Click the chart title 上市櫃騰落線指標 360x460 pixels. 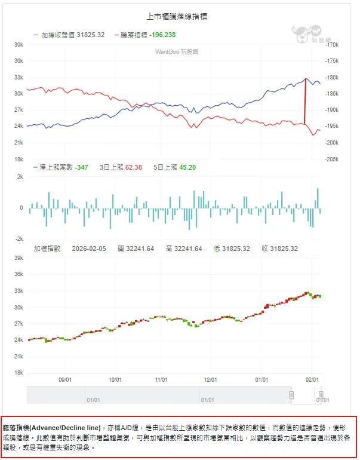(x=177, y=17)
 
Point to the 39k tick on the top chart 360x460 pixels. (x=19, y=44)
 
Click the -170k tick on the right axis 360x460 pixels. (x=332, y=44)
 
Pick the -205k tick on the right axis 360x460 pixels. (x=332, y=160)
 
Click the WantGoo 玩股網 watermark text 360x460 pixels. (x=177, y=52)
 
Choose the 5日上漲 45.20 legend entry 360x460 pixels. (x=174, y=167)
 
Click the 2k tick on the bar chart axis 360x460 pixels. (x=20, y=177)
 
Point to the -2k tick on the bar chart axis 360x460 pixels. (x=19, y=238)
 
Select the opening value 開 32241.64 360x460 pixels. (x=136, y=249)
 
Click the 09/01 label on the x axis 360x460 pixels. (x=66, y=379)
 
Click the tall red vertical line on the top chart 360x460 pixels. (x=306, y=102)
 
